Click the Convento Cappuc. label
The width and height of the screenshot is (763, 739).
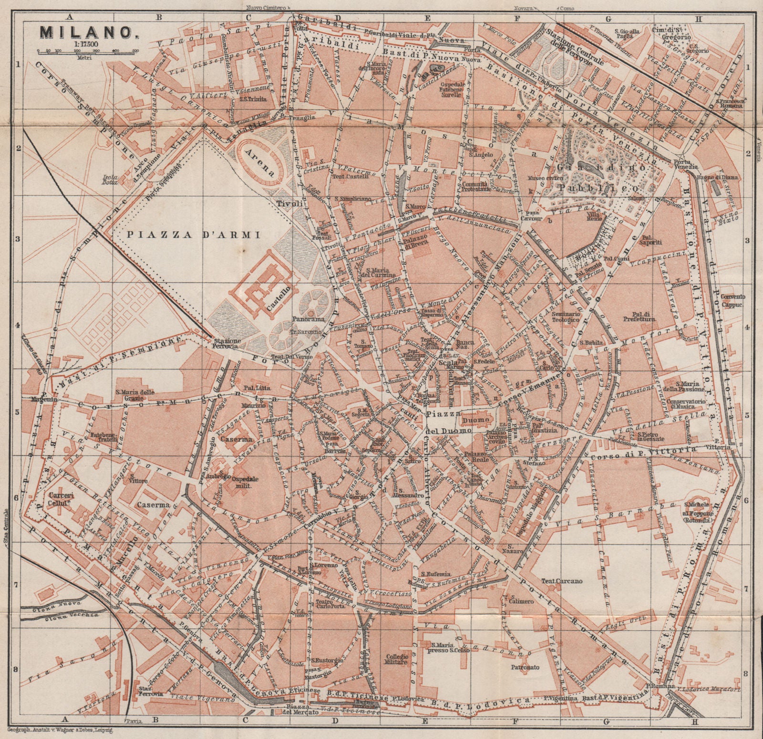[733, 299]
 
